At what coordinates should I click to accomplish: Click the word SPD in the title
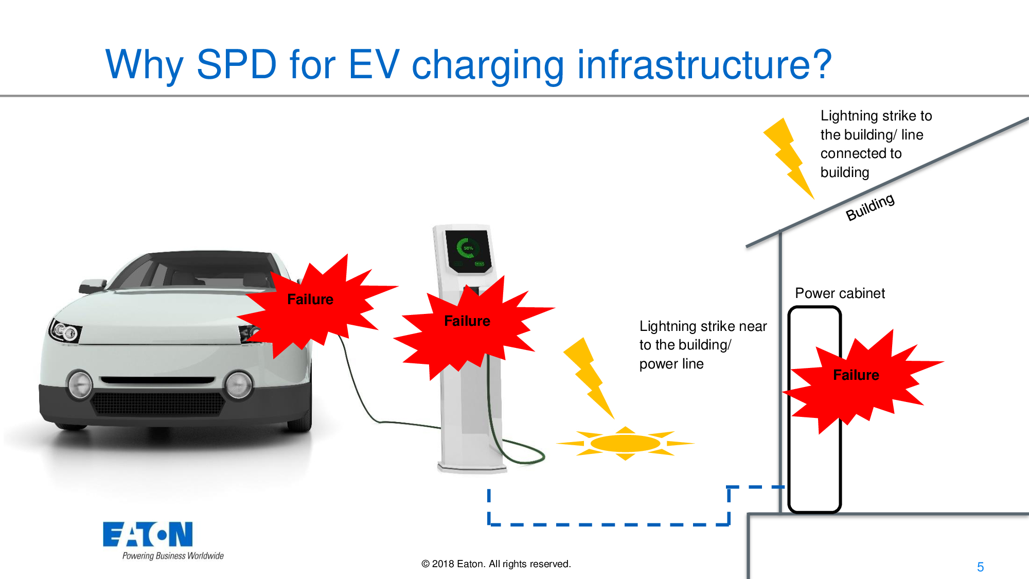(x=237, y=65)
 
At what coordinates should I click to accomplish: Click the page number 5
(x=980, y=567)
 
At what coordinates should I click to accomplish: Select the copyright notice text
(x=496, y=564)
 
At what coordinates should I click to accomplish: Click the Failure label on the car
(x=310, y=300)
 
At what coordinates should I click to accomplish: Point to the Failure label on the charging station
(x=467, y=321)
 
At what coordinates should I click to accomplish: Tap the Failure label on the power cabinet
(x=856, y=375)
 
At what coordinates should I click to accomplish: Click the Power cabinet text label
(x=840, y=293)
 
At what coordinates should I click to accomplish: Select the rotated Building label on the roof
(x=870, y=207)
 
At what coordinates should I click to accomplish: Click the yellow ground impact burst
(x=625, y=443)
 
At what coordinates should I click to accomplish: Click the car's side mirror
(x=92, y=286)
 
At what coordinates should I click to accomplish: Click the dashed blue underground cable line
(x=607, y=524)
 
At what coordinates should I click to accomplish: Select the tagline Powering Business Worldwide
(x=173, y=556)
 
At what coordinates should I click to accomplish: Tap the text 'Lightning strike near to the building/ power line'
(x=702, y=345)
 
